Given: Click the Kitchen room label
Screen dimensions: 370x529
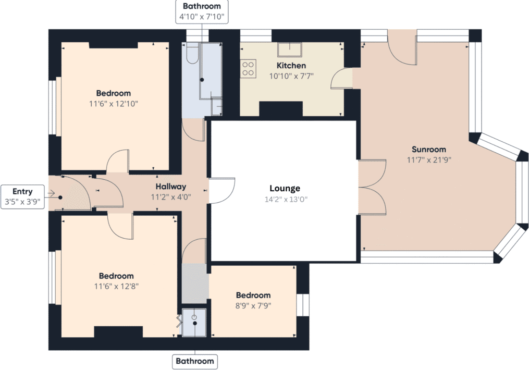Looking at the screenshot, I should coord(291,66).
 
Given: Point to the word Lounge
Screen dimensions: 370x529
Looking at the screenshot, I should coord(285,188).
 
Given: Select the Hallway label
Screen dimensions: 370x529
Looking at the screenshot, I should coord(170,186).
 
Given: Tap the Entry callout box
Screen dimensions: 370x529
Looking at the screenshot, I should coord(22,197).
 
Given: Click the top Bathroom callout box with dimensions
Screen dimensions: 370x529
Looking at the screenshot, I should coord(201,11).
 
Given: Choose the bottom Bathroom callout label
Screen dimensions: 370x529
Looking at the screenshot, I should coord(194,361).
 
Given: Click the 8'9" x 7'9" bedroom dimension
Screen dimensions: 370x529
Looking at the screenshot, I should coord(253,306).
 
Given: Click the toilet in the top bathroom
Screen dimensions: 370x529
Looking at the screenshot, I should coord(191,54).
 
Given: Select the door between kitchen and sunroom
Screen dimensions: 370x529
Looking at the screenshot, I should coord(341,79).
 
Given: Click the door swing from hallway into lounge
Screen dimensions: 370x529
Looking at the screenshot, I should coord(223,191).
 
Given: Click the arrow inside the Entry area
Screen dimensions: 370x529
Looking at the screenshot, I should coord(52,193).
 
